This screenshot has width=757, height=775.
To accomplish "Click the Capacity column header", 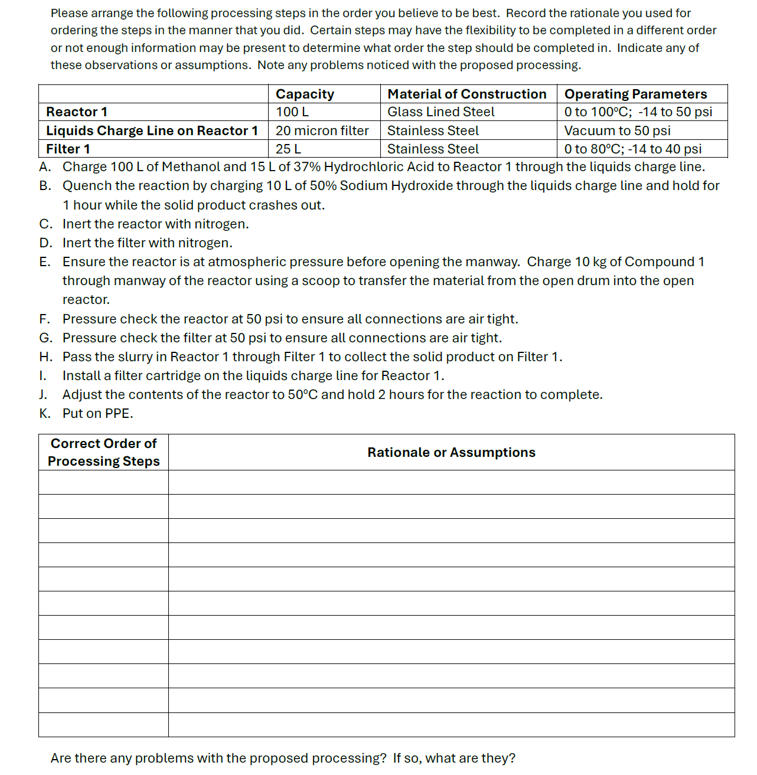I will tap(305, 94).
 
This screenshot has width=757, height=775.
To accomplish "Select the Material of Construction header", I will tap(466, 94).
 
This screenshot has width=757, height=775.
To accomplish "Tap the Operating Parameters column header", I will tap(635, 94).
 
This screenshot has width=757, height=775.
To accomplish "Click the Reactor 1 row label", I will tap(77, 112).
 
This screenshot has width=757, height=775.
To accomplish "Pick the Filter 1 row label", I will tap(68, 149).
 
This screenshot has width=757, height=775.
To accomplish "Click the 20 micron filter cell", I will tap(322, 130).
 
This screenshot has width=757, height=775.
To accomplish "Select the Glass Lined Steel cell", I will tap(441, 112).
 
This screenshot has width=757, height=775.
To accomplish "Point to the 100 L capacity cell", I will tap(292, 112).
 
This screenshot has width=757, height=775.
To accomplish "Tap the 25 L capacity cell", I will tap(288, 149).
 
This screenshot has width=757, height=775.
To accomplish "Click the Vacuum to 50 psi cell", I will tap(617, 130).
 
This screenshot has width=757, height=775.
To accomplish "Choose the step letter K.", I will tap(44, 413).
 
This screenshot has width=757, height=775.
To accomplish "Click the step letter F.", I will tap(44, 319).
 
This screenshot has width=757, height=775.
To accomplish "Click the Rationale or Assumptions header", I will tap(451, 452).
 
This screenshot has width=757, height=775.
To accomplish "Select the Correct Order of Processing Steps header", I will tap(103, 452).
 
